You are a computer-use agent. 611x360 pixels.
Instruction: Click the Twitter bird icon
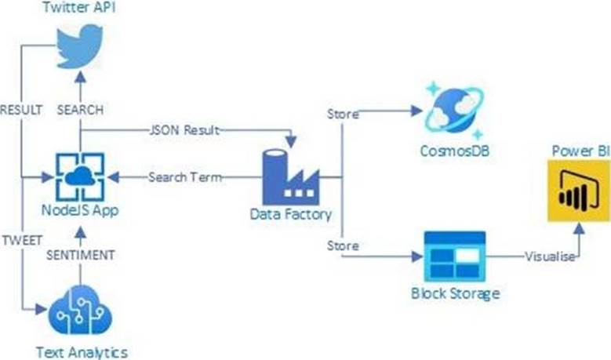80,47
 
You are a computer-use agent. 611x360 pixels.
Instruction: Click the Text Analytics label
81,350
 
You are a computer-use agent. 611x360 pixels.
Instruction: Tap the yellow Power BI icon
578,191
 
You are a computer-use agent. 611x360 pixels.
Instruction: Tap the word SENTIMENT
81,255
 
